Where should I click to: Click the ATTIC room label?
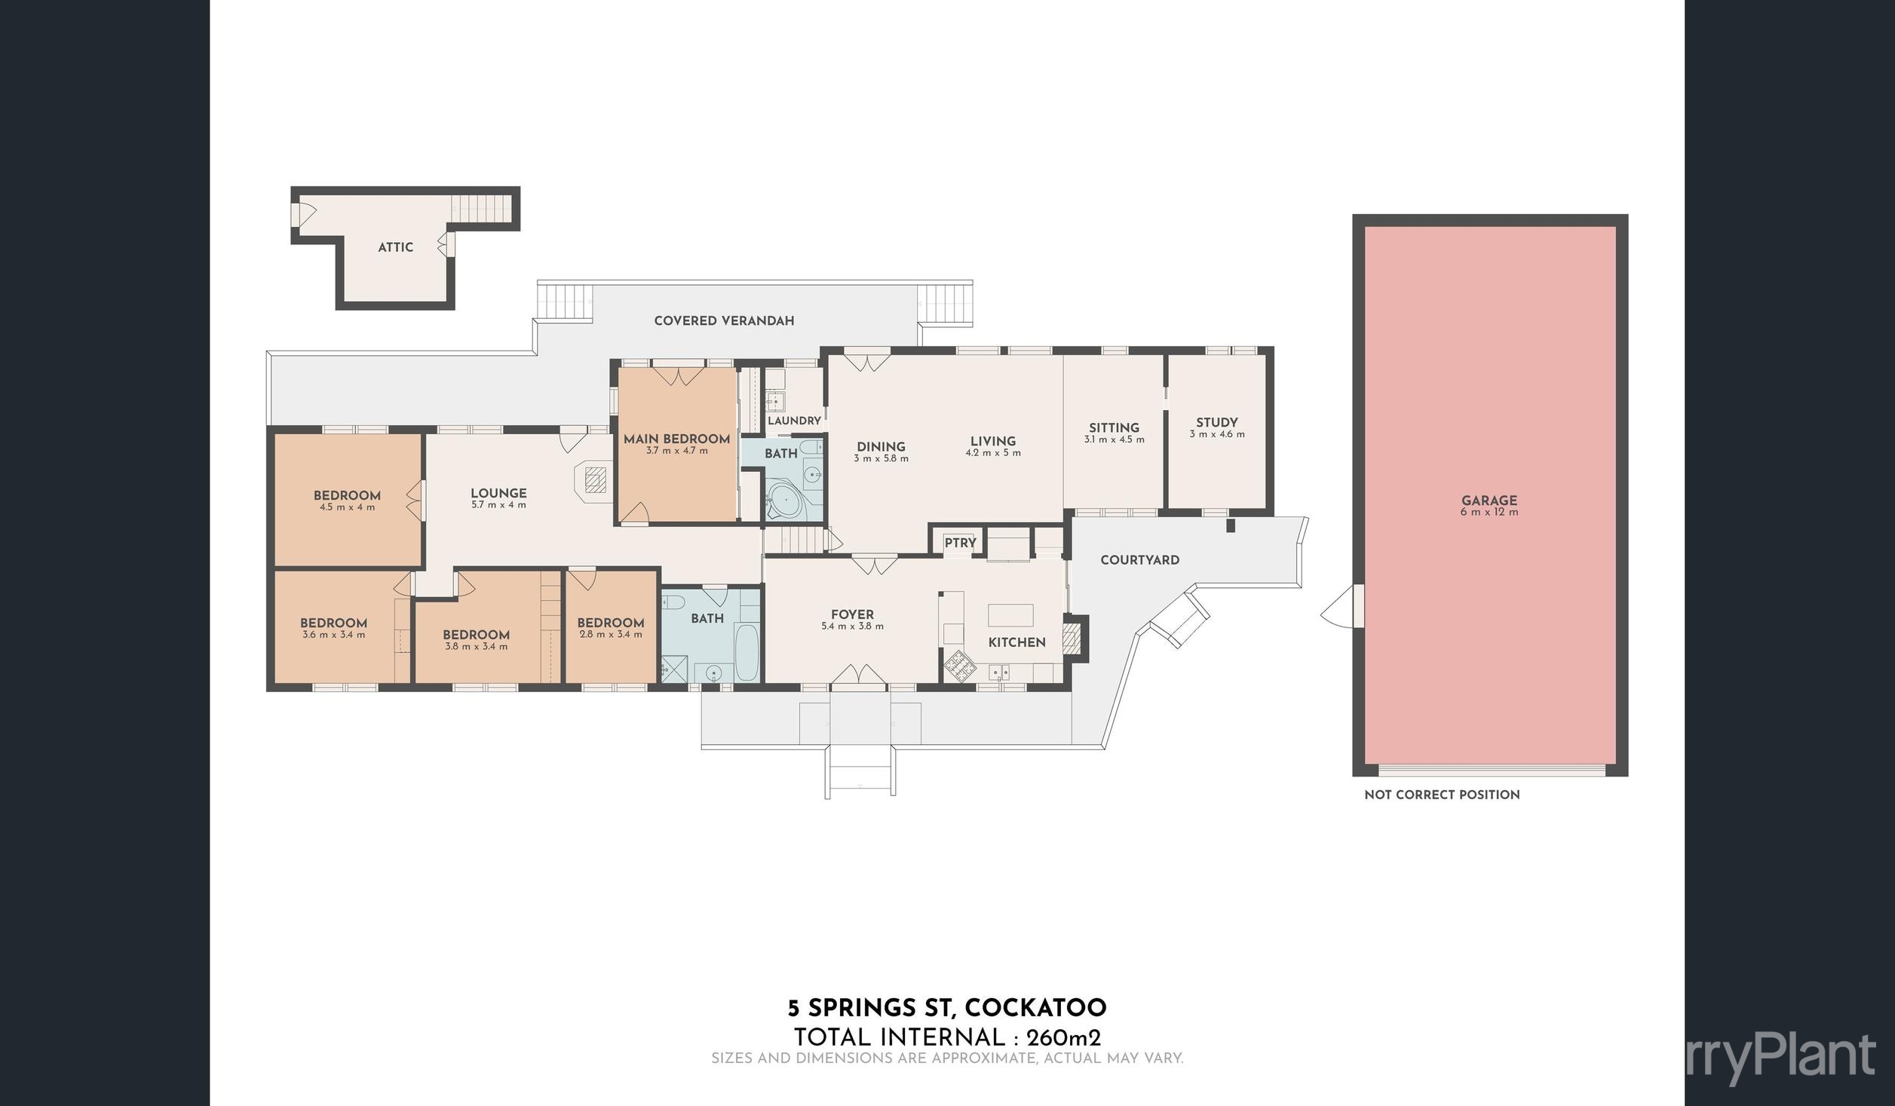(395, 247)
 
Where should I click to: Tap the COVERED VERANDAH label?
(724, 320)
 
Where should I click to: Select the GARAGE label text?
(1489, 500)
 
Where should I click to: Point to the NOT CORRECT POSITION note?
(1442, 795)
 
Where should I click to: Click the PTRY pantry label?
(960, 542)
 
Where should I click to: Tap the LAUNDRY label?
(794, 421)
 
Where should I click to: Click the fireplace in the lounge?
(596, 479)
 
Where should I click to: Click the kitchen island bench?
(1010, 614)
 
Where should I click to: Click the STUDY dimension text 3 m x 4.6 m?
(1217, 434)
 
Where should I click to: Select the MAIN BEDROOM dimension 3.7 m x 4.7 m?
(676, 451)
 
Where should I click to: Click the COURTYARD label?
(1139, 560)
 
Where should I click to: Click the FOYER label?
(852, 614)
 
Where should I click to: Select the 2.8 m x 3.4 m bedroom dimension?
(610, 635)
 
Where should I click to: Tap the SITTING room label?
(1114, 427)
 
